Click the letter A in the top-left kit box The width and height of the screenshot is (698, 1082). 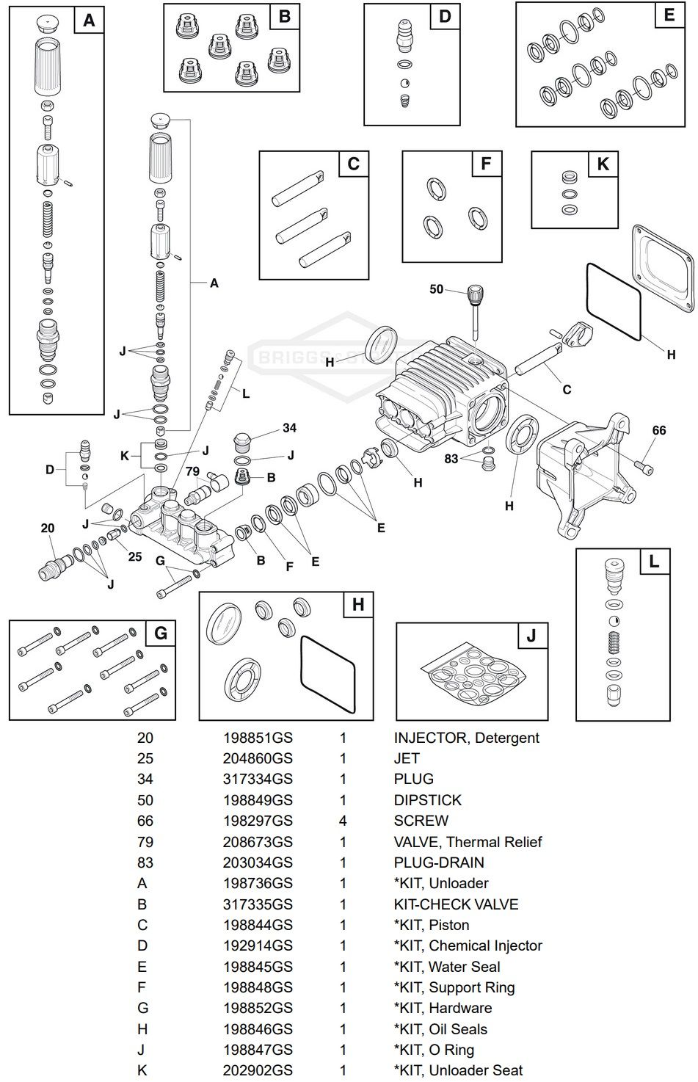[88, 21]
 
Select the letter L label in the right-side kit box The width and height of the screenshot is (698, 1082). [653, 562]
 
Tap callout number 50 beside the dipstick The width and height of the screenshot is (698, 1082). [437, 289]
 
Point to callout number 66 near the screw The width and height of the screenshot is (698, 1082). [659, 430]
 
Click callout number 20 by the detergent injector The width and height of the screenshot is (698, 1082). [48, 529]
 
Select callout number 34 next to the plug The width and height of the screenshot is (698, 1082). [289, 428]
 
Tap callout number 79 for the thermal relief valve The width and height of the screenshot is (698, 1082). [192, 471]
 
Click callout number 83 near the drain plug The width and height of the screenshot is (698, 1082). [451, 459]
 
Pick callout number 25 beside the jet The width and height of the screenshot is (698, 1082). [135, 556]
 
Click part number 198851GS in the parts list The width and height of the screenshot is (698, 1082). [258, 738]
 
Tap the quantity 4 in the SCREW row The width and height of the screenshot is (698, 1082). [343, 821]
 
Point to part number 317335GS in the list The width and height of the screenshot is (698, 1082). [258, 904]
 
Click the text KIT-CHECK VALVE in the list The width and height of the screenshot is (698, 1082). [456, 904]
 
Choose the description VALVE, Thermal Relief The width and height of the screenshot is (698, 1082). [468, 842]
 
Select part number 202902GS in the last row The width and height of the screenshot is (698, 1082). [258, 1071]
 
